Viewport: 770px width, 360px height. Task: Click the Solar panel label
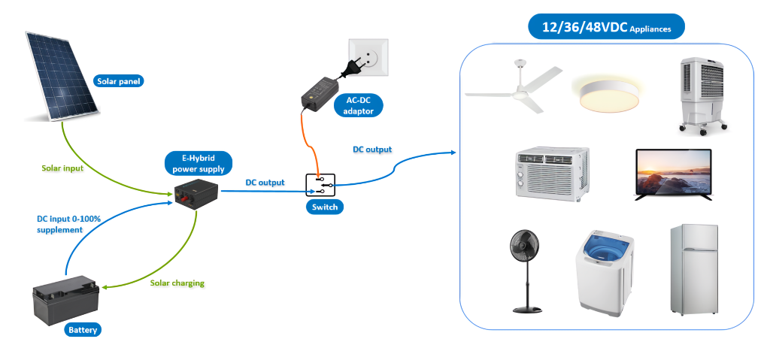pyautogui.click(x=118, y=81)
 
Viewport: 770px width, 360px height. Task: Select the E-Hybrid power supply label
pyautogui.click(x=198, y=164)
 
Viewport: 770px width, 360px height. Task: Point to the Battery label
pyautogui.click(x=83, y=330)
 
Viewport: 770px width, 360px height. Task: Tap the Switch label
pyautogui.click(x=320, y=207)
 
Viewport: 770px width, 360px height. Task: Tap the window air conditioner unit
pyautogui.click(x=552, y=174)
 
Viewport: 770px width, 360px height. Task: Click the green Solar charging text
pyautogui.click(x=177, y=283)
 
